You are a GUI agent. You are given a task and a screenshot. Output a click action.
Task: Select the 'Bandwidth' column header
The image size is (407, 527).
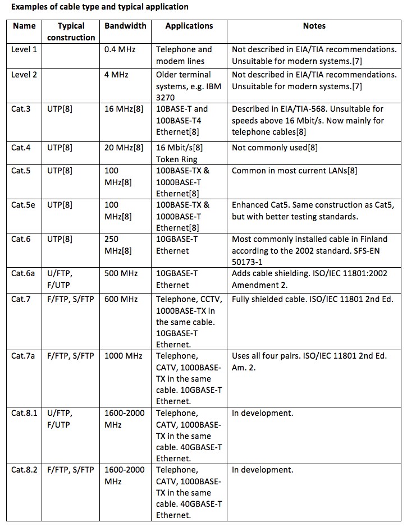(125, 26)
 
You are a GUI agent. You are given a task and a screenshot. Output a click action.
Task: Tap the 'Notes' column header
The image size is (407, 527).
(314, 26)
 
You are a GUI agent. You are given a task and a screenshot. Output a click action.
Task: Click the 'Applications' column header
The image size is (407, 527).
(189, 26)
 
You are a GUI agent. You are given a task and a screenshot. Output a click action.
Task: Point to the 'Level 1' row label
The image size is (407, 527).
(24, 49)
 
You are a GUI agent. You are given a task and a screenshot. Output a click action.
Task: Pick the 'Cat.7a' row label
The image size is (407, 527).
(24, 356)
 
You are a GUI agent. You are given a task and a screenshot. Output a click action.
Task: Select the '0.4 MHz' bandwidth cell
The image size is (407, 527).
(120, 49)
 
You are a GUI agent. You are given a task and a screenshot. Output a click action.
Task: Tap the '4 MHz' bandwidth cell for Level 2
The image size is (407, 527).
(116, 75)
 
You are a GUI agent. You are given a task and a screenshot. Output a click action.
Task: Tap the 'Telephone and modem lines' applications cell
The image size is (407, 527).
(184, 55)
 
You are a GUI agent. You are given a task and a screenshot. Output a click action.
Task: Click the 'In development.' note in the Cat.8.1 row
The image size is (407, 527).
(262, 413)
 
